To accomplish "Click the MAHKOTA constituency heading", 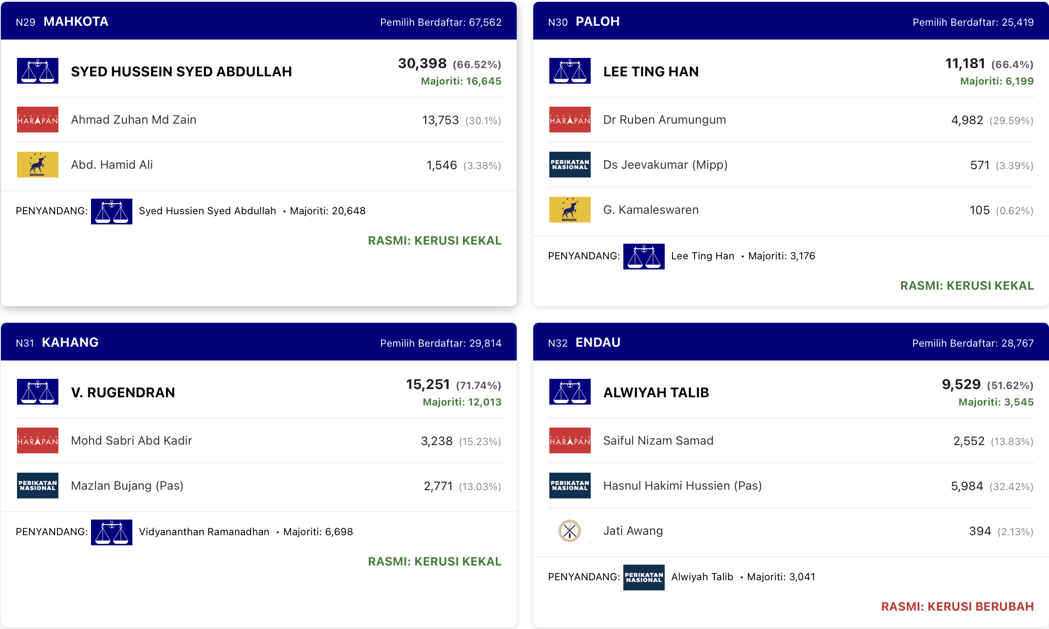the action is [x=76, y=22].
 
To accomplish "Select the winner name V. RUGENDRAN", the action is [x=123, y=392].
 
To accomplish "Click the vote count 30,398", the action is [x=422, y=63].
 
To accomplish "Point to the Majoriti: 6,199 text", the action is [x=997, y=81].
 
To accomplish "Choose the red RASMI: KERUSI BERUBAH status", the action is [x=958, y=606].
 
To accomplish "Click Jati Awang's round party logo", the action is [x=570, y=531].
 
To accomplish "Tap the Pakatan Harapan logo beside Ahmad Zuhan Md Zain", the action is [x=38, y=120].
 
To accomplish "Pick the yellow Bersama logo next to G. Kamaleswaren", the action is [x=570, y=210].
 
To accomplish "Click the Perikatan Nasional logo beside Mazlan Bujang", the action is [x=38, y=486].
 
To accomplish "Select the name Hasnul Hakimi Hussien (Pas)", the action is [x=682, y=486].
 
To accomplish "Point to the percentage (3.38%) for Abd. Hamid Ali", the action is [x=482, y=166].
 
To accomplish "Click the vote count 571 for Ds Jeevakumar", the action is [x=980, y=165].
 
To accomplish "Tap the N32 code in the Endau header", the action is [x=558, y=343].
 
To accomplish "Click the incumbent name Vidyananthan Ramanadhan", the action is [x=204, y=532].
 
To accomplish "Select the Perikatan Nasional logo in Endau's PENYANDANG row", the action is [x=644, y=578].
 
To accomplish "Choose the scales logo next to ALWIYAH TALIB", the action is [x=570, y=392].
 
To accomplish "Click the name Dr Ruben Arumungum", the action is [x=665, y=120].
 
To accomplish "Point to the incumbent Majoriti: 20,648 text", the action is [x=328, y=211].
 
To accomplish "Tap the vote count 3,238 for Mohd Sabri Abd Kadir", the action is [x=437, y=441].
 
